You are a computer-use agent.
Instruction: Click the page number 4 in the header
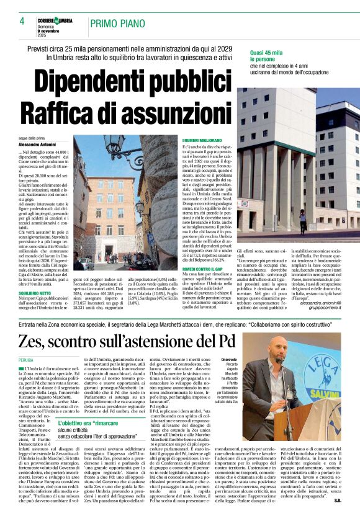point(22,21)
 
